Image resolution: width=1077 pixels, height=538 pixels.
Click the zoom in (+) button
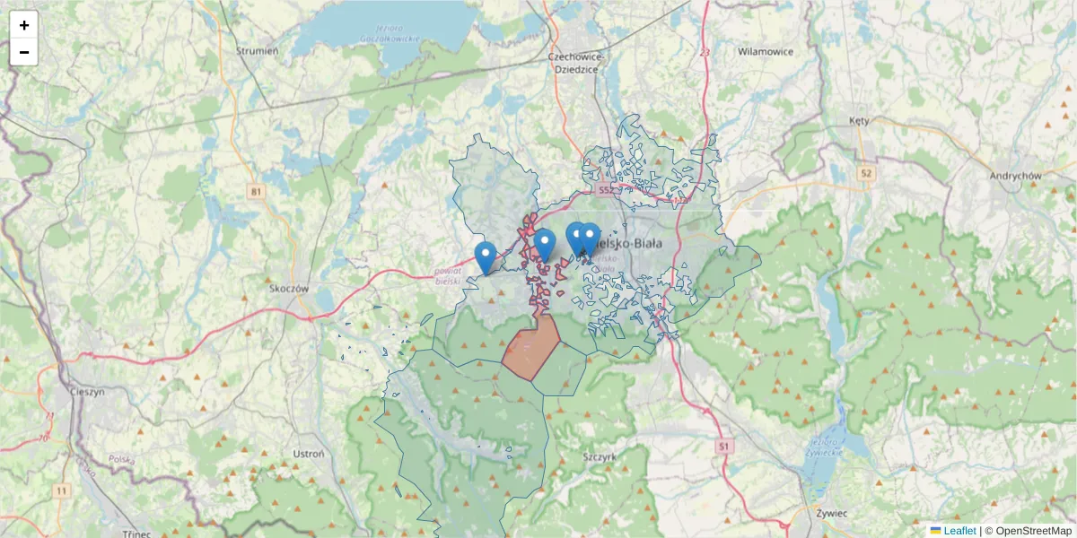24,25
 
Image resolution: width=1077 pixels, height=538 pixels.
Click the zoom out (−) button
24,52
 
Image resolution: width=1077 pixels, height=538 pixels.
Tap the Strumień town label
257,51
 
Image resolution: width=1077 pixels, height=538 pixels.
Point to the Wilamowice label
766,52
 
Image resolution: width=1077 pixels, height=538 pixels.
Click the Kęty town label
859,119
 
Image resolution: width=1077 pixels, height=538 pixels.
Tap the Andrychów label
1014,176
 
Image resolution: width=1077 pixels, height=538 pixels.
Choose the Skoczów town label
289,289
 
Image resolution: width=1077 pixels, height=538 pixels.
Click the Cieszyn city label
87,392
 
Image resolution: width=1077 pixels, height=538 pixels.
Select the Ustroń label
308,454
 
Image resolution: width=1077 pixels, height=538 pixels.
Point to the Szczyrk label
600,456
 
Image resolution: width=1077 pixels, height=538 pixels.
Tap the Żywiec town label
833,513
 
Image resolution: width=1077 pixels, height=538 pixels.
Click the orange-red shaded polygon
530,350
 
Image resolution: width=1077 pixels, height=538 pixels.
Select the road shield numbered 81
258,191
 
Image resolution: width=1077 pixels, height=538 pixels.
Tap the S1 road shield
724,445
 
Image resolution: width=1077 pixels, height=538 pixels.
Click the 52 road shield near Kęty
865,173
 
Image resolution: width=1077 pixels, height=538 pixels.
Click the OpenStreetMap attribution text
1033,531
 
